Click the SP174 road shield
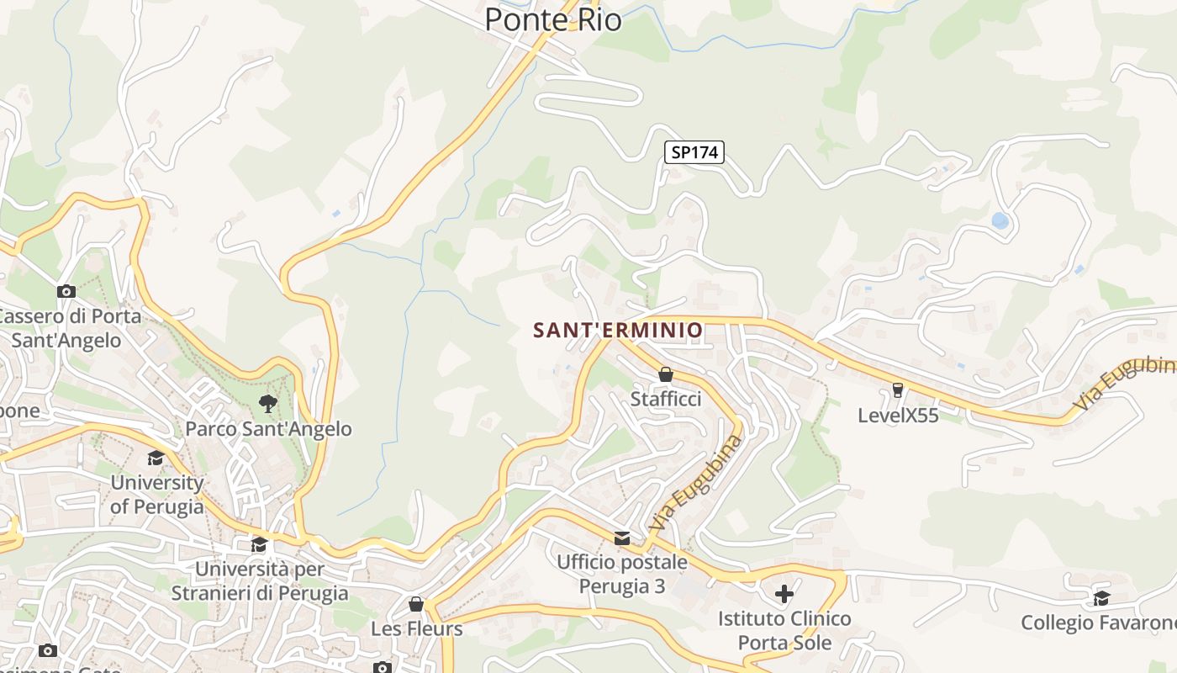click(x=694, y=152)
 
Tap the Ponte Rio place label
click(x=553, y=19)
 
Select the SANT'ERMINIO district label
click(x=618, y=330)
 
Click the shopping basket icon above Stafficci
click(x=666, y=374)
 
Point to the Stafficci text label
click(x=666, y=399)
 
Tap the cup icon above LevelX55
click(x=898, y=390)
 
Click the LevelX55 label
click(x=898, y=415)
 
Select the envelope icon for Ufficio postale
click(x=622, y=538)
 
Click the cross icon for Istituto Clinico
click(x=784, y=595)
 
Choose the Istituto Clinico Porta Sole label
click(x=784, y=631)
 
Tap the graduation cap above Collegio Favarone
click(x=1101, y=598)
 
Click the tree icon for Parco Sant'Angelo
click(x=268, y=404)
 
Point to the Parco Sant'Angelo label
click(x=268, y=429)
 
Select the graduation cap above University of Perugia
click(x=156, y=458)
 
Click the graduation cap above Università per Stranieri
click(x=259, y=544)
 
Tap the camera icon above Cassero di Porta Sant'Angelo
click(x=66, y=292)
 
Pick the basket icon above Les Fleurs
click(x=416, y=604)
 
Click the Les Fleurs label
click(x=416, y=628)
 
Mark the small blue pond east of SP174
click(x=1000, y=221)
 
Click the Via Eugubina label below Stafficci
click(x=697, y=483)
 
